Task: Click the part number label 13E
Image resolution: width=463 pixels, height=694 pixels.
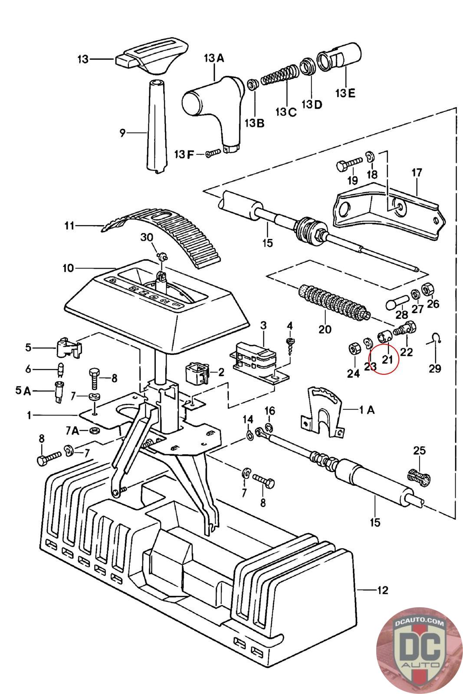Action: pos(345,93)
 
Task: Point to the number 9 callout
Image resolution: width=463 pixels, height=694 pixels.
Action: pos(122,133)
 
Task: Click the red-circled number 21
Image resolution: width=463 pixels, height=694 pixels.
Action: pos(387,359)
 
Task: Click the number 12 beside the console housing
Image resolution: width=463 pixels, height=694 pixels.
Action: pos(383,590)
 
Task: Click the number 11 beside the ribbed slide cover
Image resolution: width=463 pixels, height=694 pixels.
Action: pos(69,226)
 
